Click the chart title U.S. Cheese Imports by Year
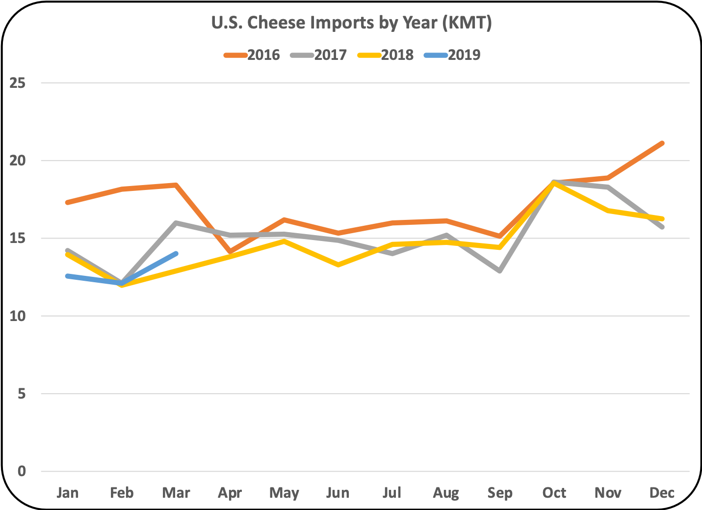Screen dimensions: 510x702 (351, 23)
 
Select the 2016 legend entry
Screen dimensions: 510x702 (252, 55)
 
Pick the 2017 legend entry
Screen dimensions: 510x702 (319, 55)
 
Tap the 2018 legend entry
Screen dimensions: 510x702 (386, 55)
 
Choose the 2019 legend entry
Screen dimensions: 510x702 (453, 55)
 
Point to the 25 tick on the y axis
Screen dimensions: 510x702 (18, 83)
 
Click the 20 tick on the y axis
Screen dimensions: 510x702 (18, 161)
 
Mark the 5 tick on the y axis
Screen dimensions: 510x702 (22, 394)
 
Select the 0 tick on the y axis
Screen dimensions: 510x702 (22, 471)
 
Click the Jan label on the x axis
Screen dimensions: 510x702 (68, 493)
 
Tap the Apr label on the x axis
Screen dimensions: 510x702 (230, 493)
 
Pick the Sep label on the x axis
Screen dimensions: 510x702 (500, 493)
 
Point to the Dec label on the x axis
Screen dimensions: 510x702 (662, 493)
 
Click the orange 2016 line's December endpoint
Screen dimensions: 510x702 (662, 143)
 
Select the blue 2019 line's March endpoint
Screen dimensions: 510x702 (176, 254)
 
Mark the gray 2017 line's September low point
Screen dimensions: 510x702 (500, 271)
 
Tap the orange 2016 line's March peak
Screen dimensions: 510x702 (176, 185)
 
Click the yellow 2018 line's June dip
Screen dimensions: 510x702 (338, 265)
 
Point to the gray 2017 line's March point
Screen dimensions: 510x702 (176, 223)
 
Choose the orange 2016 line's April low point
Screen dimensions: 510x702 (230, 252)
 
